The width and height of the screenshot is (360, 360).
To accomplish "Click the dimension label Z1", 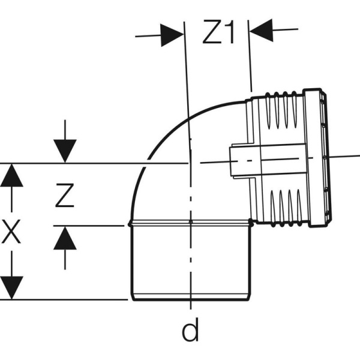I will [217, 34].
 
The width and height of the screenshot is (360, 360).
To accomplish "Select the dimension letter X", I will [10, 232].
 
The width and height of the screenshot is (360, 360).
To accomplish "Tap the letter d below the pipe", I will [190, 329].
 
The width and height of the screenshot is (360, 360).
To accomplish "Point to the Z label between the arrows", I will [64, 196].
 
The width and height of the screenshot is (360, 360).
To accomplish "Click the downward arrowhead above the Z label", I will [65, 150].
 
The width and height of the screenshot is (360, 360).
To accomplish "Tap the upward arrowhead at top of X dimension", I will [10, 175].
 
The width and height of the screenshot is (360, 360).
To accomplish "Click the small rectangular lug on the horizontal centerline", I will [244, 161].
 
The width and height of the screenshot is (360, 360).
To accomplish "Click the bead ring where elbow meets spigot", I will [190, 223].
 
